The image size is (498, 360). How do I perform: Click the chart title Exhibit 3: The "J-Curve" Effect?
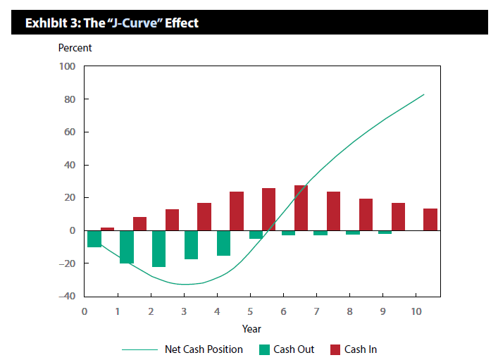[x=112, y=23]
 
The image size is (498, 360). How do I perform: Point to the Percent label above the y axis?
[x=75, y=49]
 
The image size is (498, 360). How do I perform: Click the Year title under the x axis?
[x=251, y=329]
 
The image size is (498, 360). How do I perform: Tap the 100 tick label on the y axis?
[x=67, y=67]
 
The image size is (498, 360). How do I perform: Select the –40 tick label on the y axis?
[x=66, y=296]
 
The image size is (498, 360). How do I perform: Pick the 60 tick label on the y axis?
[x=69, y=132]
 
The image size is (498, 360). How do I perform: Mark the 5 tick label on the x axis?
[x=250, y=311]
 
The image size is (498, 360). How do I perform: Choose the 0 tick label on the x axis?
[x=85, y=311]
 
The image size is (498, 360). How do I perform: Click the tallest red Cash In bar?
[x=301, y=208]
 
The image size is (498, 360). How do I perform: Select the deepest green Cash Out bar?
[x=158, y=249]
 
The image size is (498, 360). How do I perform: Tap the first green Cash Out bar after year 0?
[x=94, y=239]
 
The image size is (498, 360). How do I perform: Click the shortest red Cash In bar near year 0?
[x=107, y=229]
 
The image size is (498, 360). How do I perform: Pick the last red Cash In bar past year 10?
[x=430, y=220]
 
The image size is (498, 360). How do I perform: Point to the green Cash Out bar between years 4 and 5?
[x=223, y=243]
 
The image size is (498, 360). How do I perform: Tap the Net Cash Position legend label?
[x=204, y=349]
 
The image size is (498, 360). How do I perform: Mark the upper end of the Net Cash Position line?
[x=424, y=94]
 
